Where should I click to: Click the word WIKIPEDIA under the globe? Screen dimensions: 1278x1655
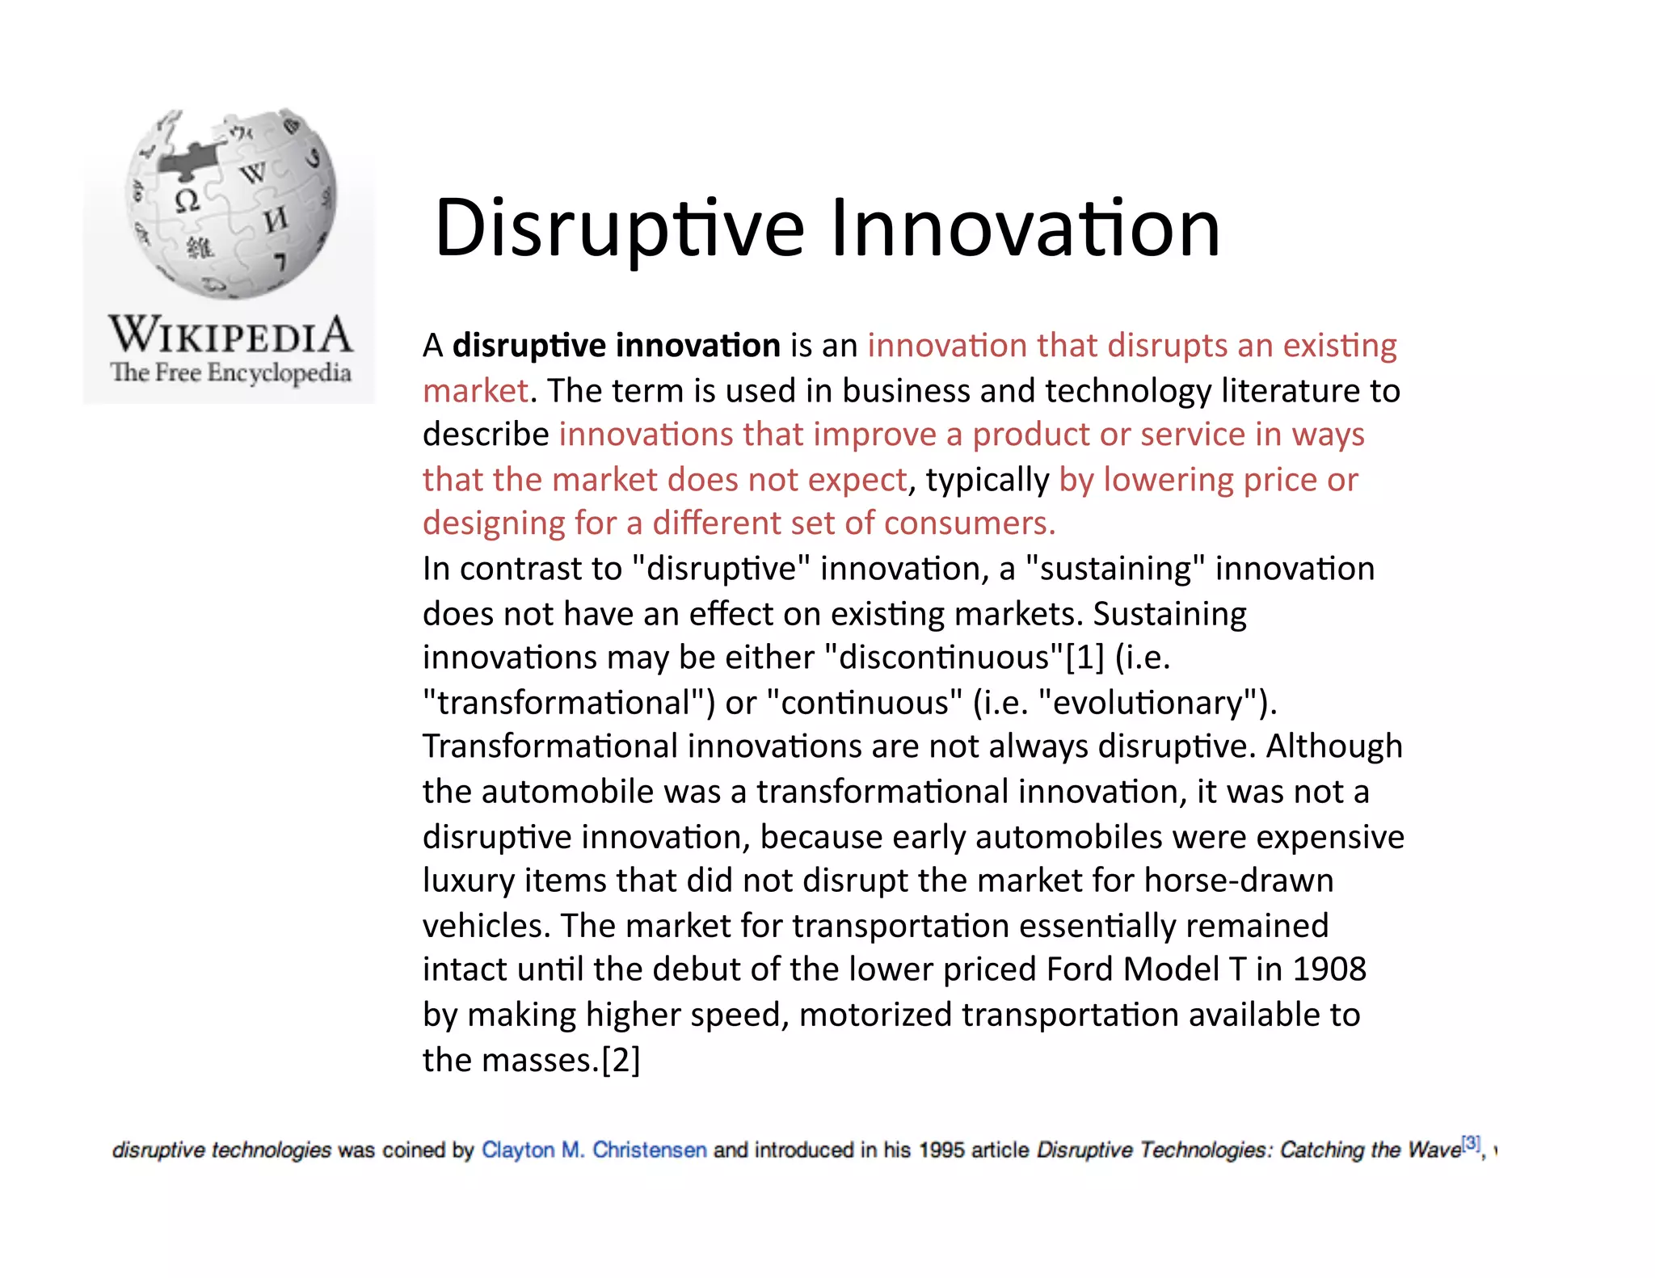(230, 335)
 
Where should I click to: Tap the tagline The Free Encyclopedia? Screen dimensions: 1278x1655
(230, 373)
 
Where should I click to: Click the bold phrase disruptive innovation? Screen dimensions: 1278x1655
(616, 346)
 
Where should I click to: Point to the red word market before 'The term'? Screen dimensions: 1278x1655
(475, 391)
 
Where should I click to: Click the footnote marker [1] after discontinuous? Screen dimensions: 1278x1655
(1084, 658)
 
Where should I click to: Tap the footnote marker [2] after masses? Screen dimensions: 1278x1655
(621, 1060)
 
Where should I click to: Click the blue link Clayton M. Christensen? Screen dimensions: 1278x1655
(594, 1150)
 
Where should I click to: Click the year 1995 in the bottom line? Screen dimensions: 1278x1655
(941, 1150)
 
